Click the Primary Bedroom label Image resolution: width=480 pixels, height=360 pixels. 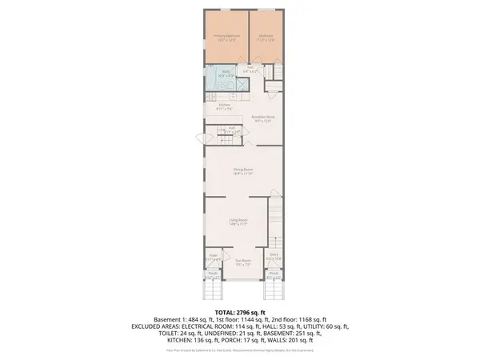[224, 36]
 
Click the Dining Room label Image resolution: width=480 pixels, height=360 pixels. [243, 169]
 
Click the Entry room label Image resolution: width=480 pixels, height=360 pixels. [274, 257]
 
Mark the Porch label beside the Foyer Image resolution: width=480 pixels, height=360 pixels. [213, 274]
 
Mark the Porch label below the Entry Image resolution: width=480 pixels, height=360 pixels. [274, 274]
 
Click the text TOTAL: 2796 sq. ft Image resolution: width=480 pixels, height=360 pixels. [239, 311]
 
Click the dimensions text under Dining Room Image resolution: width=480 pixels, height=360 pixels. [243, 173]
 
